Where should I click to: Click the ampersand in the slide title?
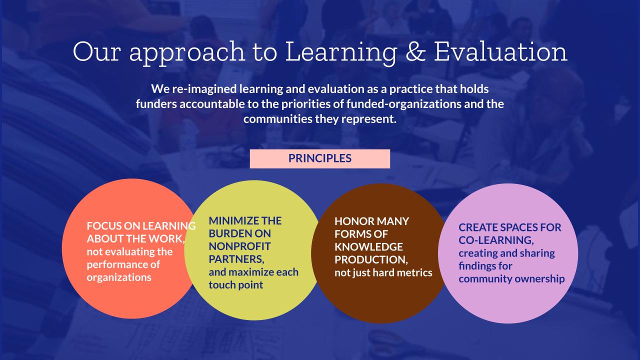415,51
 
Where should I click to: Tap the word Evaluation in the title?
500,51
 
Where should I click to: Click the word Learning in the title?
341,53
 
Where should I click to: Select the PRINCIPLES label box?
319,158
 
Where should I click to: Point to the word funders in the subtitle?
156,103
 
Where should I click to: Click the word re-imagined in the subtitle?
204,89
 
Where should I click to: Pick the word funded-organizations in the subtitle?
403,104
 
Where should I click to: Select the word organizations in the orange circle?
119,277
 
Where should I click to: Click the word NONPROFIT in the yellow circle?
239,246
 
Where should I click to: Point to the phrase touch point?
235,285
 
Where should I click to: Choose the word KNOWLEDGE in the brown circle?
368,247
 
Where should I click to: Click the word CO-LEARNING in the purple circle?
496,240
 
